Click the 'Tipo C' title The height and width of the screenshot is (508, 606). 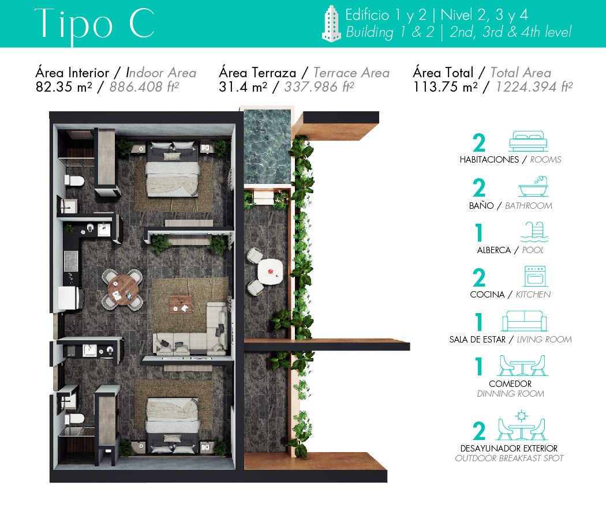[x=95, y=24]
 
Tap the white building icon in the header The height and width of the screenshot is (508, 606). [x=332, y=24]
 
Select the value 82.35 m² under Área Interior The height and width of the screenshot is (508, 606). [x=63, y=87]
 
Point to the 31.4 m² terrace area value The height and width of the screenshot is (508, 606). [x=243, y=87]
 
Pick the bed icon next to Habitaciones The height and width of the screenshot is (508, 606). [x=528, y=141]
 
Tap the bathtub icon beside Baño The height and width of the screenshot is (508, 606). [x=533, y=186]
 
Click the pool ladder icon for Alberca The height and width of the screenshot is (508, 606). [x=534, y=232]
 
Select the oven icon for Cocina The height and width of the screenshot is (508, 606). [x=535, y=276]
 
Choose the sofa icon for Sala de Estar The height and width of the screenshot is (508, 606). [x=525, y=321]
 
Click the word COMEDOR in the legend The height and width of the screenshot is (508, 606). [x=510, y=383]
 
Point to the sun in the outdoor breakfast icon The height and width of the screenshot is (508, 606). [x=522, y=416]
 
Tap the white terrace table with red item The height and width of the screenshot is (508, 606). [x=270, y=272]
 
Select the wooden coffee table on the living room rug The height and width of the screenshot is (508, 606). [x=181, y=304]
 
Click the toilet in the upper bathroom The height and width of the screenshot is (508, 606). [x=74, y=180]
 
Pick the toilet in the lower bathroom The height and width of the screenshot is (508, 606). [x=74, y=419]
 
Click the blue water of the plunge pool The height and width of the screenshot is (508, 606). [x=267, y=146]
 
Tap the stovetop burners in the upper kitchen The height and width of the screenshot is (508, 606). [x=71, y=261]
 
